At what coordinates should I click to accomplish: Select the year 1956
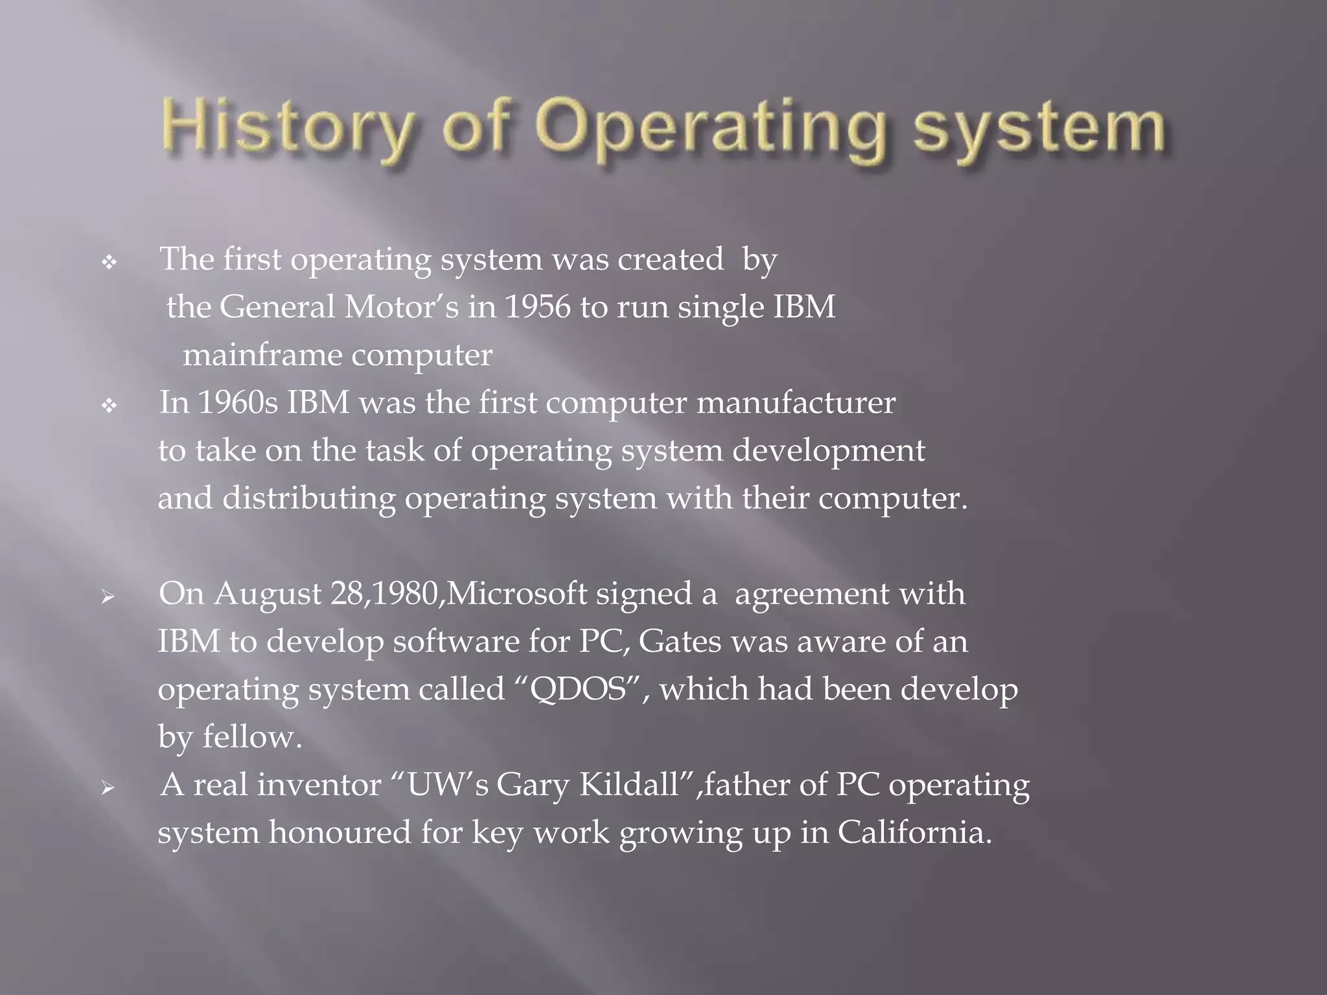pos(537,307)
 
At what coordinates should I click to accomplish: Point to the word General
pos(277,307)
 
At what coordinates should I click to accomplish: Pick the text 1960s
pos(238,402)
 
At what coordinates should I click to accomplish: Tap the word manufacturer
pos(796,402)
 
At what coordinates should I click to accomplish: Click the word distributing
pos(309,498)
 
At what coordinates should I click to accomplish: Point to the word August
pos(268,594)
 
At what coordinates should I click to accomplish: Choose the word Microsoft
pos(516,593)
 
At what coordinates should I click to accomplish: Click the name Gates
pos(680,641)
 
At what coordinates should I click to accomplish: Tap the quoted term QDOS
pos(579,689)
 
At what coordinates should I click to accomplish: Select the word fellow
pos(251,737)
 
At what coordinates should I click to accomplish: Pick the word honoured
pos(340,832)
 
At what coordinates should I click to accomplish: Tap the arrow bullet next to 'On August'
pos(108,597)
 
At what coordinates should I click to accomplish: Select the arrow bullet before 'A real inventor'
pos(108,788)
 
